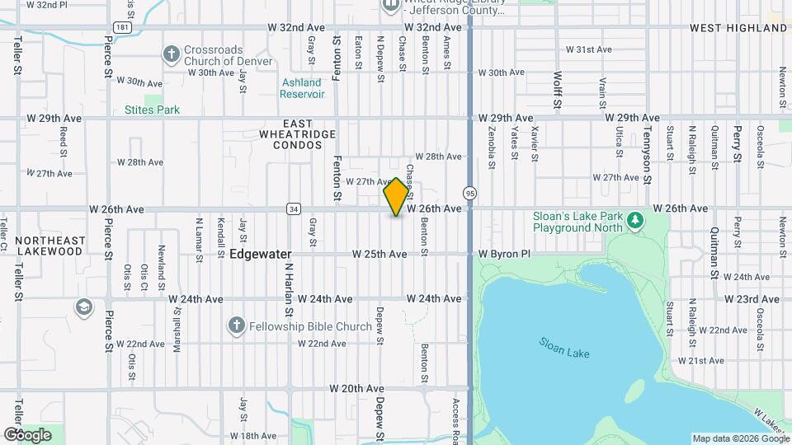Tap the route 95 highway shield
coord(469,192)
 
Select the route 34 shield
coord(293,209)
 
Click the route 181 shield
coord(121,27)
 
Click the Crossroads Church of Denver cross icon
coord(171,55)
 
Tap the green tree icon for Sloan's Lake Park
coord(634,220)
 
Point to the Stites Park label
coord(152,110)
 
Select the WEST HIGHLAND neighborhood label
coord(738,28)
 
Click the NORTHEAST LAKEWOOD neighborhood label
coord(49,246)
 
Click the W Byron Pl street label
coord(504,255)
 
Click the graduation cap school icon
coord(83,307)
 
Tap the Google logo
coord(27,435)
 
